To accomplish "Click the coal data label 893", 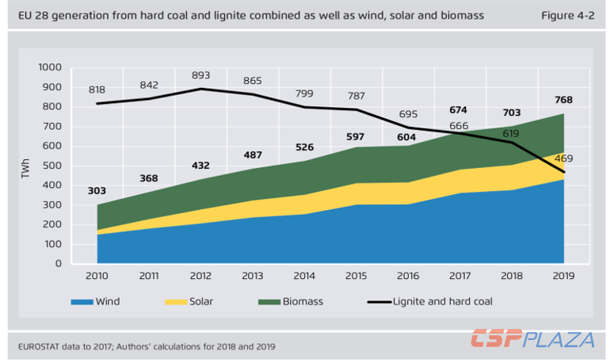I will (x=200, y=76).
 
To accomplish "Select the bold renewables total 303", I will (x=97, y=191).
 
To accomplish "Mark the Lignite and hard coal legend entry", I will (x=444, y=302).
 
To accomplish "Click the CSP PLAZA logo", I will (x=532, y=340).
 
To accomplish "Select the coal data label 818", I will (x=97, y=90).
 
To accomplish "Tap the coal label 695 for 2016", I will (x=409, y=116).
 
